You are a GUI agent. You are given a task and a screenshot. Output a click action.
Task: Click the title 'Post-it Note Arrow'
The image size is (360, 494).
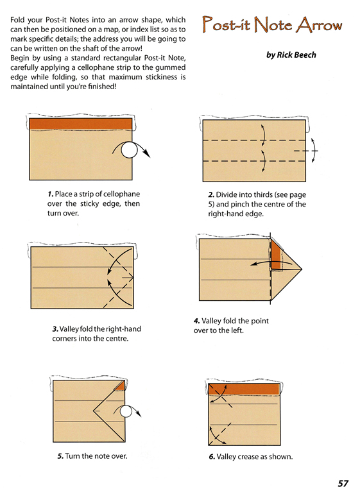click(272, 24)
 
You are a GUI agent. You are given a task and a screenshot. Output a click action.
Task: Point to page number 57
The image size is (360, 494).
click(343, 483)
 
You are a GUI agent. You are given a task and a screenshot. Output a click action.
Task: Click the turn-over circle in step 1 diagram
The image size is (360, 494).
click(129, 150)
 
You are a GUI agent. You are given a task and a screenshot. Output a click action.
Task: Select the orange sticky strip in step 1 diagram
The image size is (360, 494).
click(81, 124)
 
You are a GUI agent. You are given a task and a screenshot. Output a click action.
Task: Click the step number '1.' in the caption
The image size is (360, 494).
click(51, 194)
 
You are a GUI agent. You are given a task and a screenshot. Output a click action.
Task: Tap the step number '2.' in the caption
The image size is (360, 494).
click(211, 194)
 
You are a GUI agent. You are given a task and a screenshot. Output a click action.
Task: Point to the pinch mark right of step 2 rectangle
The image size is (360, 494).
click(306, 151)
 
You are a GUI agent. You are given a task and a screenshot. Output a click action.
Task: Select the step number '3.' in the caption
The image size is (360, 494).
click(55, 329)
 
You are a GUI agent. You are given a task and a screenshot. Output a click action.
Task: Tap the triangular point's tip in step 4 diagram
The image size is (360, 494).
click(302, 269)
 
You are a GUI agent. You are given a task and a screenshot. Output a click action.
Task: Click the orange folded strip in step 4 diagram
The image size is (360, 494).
click(276, 255)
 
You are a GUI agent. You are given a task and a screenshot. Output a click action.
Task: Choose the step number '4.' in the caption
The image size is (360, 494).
click(197, 321)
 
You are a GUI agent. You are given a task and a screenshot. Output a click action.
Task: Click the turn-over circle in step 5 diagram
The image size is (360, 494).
click(126, 411)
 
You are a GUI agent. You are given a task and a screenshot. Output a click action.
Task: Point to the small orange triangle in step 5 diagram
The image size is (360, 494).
click(120, 386)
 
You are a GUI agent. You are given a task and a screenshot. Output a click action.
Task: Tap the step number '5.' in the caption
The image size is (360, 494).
click(60, 456)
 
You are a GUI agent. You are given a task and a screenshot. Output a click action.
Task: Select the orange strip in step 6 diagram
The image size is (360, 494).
click(244, 389)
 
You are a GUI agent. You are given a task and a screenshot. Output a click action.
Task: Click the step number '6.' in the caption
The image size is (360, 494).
click(212, 457)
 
